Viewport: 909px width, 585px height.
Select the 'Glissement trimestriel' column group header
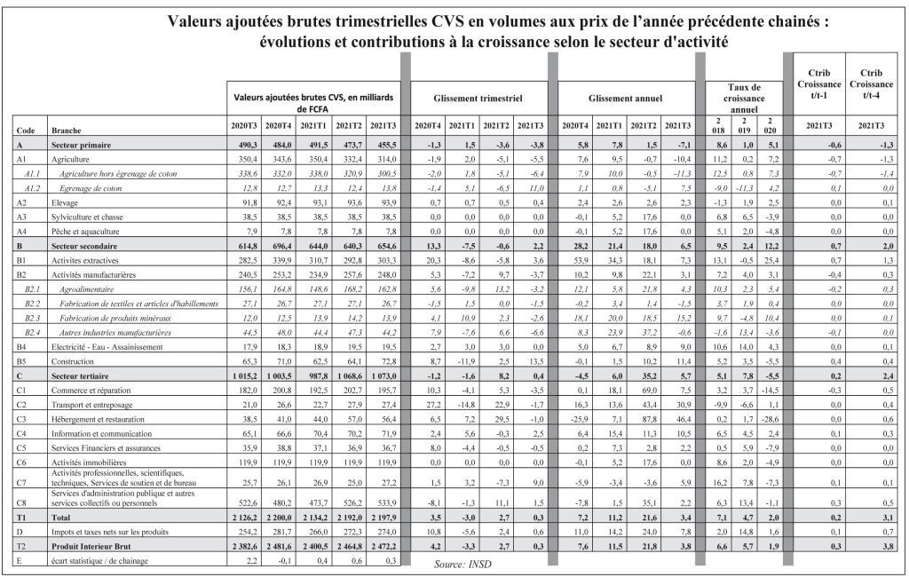[x=477, y=98]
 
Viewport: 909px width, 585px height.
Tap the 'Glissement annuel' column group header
[x=621, y=98]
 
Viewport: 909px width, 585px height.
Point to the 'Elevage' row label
[x=67, y=203]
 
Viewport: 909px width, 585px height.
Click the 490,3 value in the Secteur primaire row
[x=244, y=144]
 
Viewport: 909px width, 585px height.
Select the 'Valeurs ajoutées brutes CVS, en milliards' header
[x=312, y=98]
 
